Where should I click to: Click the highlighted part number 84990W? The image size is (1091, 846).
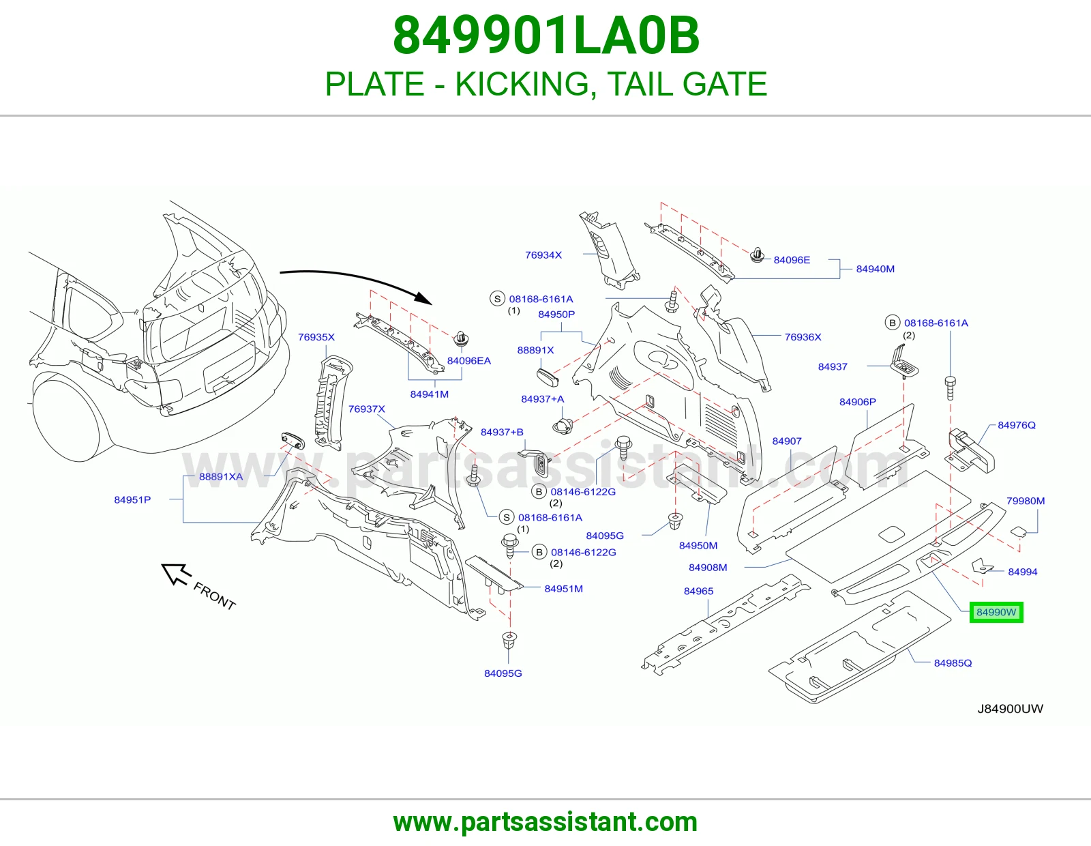pyautogui.click(x=996, y=613)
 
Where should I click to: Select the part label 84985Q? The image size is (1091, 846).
pyautogui.click(x=953, y=663)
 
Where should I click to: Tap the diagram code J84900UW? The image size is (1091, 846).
pyautogui.click(x=1010, y=709)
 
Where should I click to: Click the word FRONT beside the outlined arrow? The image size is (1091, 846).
pyautogui.click(x=214, y=596)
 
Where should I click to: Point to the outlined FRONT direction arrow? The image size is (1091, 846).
pyautogui.click(x=176, y=574)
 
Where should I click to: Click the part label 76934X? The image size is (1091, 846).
pyautogui.click(x=543, y=255)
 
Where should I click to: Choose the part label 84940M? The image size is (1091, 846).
pyautogui.click(x=875, y=269)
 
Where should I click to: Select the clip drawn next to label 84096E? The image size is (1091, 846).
pyautogui.click(x=757, y=255)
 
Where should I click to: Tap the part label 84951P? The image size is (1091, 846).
pyautogui.click(x=132, y=500)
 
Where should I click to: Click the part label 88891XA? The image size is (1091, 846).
pyautogui.click(x=221, y=477)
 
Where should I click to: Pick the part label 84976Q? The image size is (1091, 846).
pyautogui.click(x=1017, y=426)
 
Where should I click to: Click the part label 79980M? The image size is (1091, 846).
pyautogui.click(x=1026, y=501)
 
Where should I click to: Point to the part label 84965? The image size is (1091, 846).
pyautogui.click(x=698, y=592)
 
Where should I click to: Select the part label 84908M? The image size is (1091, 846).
pyautogui.click(x=708, y=568)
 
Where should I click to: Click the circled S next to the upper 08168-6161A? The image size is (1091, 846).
pyautogui.click(x=497, y=300)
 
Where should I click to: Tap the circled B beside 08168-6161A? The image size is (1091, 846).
pyautogui.click(x=892, y=323)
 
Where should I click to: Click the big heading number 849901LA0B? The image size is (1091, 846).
pyautogui.click(x=545, y=35)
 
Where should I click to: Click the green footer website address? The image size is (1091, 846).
pyautogui.click(x=545, y=822)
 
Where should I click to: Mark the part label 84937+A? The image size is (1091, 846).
pyautogui.click(x=543, y=399)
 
